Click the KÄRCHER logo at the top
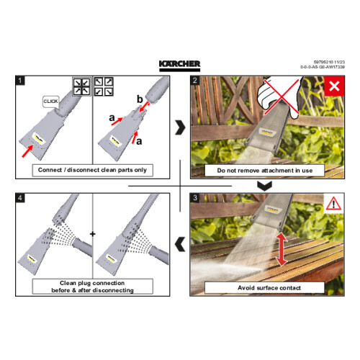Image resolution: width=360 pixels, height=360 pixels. (x=180, y=65)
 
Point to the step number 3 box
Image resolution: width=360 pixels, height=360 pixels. (x=195, y=197)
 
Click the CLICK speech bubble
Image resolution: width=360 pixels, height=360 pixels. (x=51, y=102)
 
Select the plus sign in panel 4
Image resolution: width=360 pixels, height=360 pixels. (x=93, y=235)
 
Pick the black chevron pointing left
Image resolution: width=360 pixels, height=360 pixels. (x=179, y=244)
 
